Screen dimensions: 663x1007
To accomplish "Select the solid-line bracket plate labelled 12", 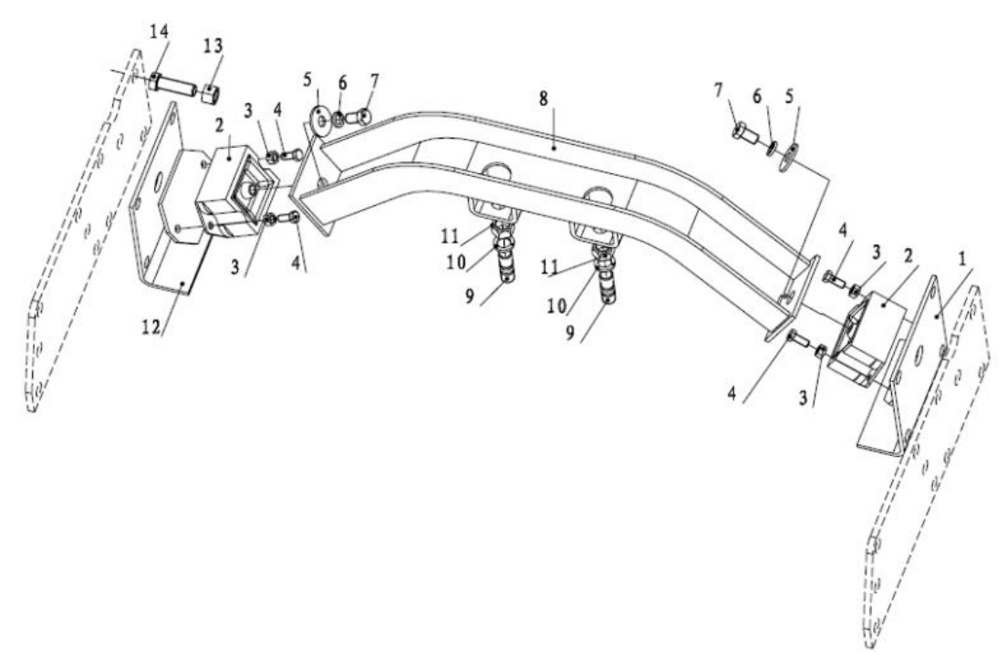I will pos(169,246).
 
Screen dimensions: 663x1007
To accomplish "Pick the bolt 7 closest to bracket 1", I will pos(742,132).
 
